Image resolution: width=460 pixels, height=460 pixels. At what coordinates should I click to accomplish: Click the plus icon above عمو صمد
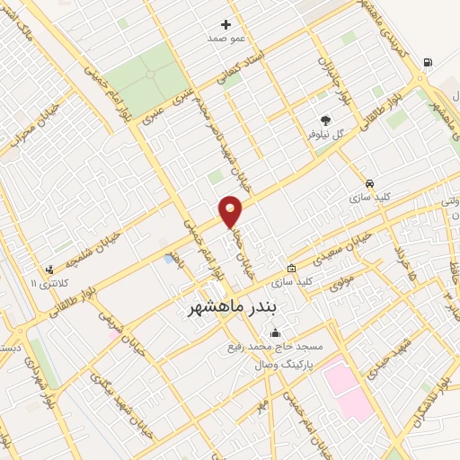point(226,24)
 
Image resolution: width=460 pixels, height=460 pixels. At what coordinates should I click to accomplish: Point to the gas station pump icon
point(426,63)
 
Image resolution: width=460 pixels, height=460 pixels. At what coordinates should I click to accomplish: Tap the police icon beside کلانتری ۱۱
point(49,268)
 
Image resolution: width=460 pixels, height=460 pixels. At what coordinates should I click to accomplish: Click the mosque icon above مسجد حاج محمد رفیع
point(274,333)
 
